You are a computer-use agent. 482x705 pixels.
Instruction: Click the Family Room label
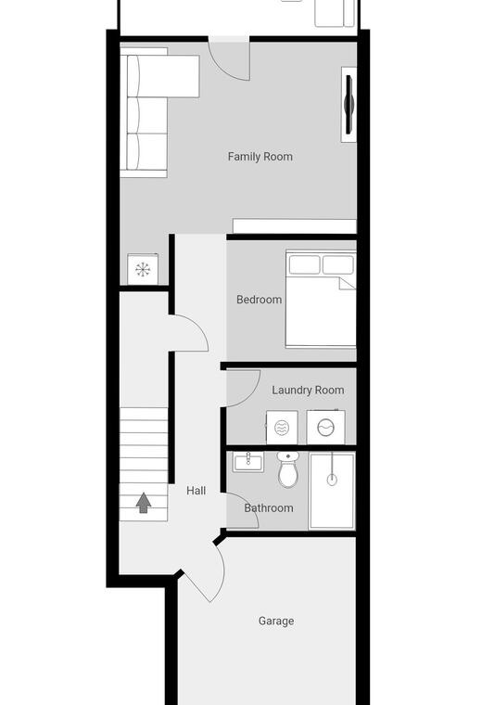(x=260, y=157)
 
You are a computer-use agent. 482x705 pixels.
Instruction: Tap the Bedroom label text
(x=260, y=300)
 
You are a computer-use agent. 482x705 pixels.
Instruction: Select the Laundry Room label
(x=308, y=391)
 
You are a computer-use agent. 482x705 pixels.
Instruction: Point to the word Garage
(x=276, y=621)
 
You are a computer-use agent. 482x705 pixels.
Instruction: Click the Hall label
(x=197, y=491)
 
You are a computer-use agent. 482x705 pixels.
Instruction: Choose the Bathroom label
(x=269, y=508)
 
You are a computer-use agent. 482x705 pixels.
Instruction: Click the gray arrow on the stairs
(x=144, y=503)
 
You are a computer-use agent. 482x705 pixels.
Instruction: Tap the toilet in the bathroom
(x=288, y=469)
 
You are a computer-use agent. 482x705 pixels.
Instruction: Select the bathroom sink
(x=248, y=462)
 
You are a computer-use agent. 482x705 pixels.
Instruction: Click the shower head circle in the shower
(x=332, y=480)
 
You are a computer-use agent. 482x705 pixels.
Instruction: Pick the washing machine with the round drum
(x=325, y=427)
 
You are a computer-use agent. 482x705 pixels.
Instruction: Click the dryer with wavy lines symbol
(x=282, y=428)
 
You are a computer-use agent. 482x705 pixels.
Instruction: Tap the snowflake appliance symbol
(x=143, y=269)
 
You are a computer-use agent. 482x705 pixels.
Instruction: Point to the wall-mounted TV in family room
(x=349, y=104)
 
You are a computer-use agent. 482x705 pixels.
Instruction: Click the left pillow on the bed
(x=304, y=264)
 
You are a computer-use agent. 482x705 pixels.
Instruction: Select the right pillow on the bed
(x=337, y=264)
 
